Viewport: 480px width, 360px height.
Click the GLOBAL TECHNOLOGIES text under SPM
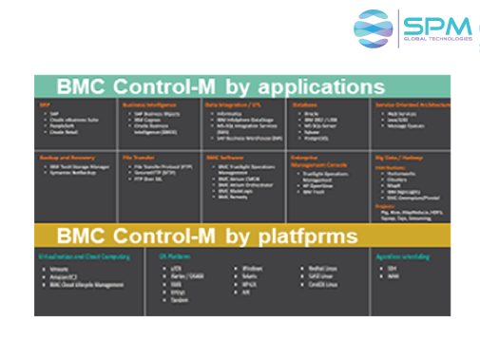pos(437,40)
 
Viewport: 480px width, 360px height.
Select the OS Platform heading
pos(166,229)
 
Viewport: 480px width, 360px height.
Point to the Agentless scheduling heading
pos(402,229)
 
